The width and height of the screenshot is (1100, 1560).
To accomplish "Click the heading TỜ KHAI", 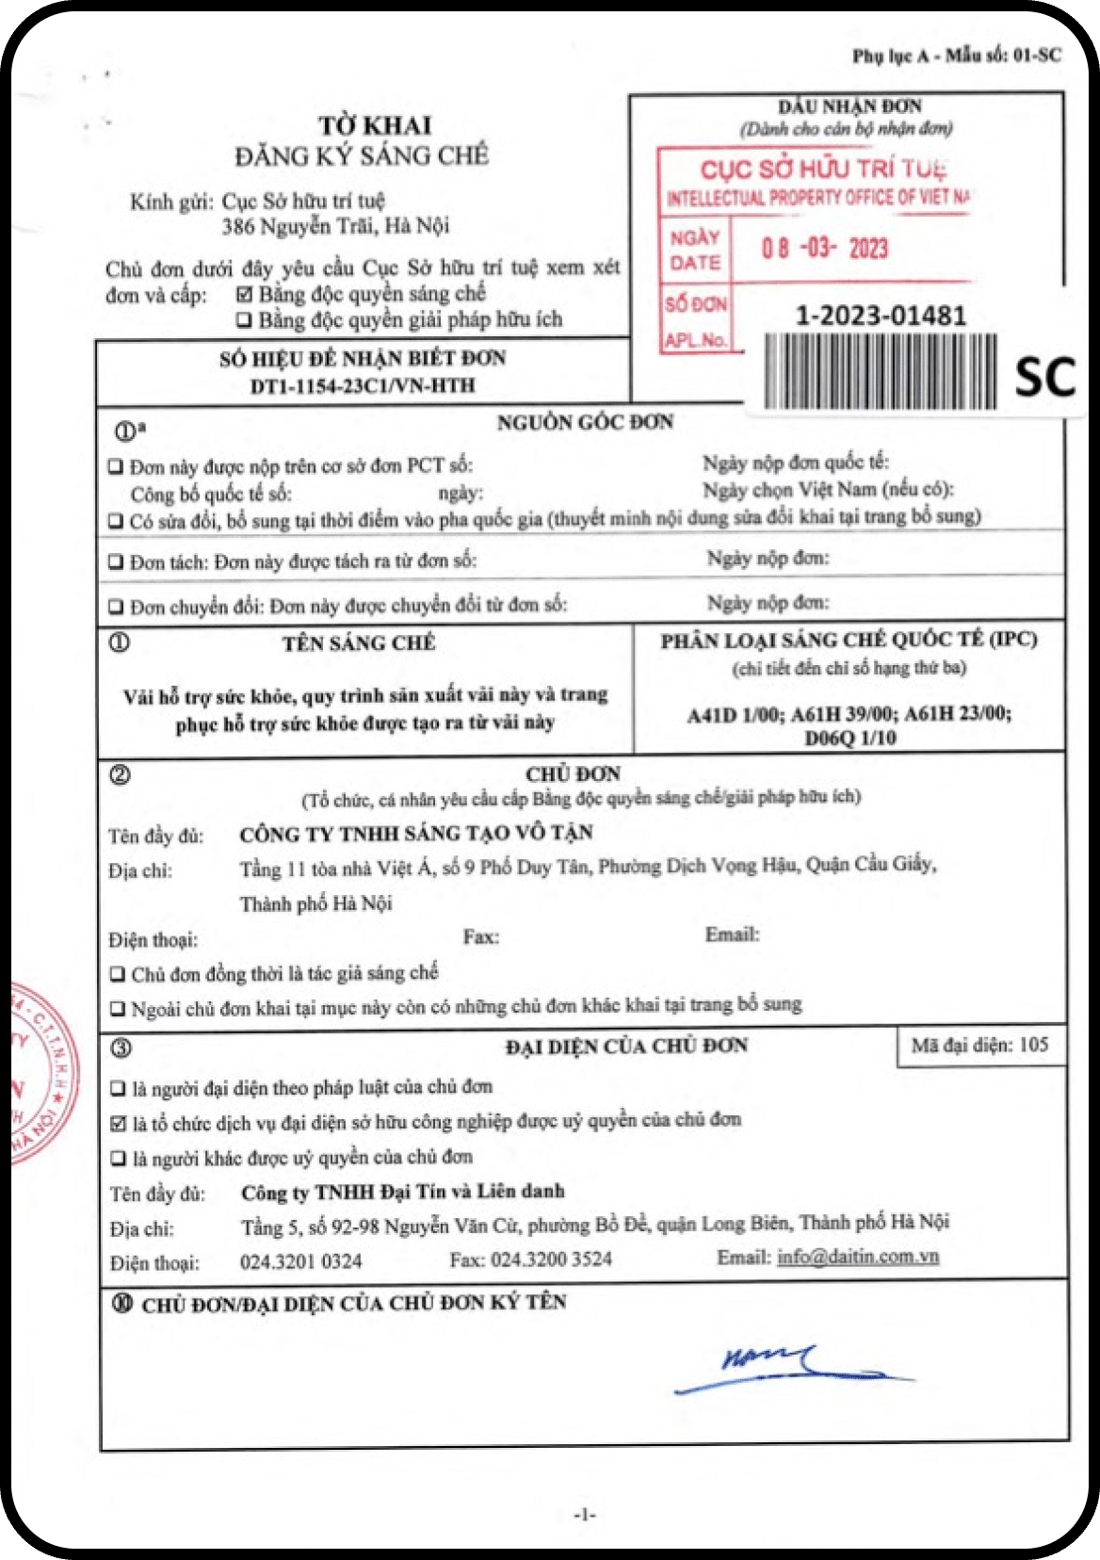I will click(374, 125).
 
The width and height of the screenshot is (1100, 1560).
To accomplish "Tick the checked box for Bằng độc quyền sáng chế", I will click(244, 295).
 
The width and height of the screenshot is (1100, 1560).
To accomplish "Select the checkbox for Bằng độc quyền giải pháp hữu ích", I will click(244, 320).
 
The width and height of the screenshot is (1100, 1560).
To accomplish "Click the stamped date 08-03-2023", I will click(824, 249).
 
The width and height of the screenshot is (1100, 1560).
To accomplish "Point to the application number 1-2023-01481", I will click(881, 316).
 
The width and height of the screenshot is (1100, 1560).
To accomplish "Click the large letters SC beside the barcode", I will click(1044, 377).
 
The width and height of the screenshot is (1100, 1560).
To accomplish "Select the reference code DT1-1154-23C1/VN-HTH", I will click(363, 385).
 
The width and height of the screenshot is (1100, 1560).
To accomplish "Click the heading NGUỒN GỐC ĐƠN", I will click(585, 423).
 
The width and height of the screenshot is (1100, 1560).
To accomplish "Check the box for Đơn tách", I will click(116, 562).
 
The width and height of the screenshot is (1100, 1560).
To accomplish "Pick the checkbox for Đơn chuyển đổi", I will click(116, 607).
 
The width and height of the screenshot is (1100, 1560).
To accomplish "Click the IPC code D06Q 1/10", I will click(849, 738).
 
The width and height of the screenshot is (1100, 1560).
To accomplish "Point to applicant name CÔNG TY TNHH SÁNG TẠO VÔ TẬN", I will click(416, 834).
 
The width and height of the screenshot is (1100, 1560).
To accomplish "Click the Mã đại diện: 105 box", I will click(979, 1046).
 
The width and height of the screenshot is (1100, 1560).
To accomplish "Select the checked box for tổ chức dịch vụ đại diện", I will click(118, 1124).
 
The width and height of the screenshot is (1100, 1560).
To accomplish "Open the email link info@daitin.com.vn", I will click(858, 1257).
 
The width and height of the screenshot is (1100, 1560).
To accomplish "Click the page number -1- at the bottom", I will click(585, 1515).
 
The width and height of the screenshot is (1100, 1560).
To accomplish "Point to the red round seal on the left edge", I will click(42, 1074).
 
